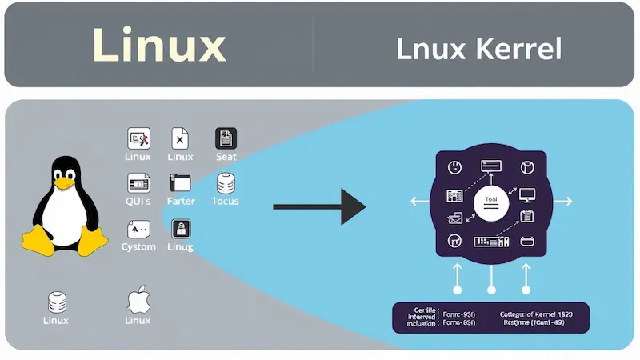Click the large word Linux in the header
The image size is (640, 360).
click(159, 46)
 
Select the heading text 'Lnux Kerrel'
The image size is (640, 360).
click(478, 49)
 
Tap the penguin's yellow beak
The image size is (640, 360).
click(62, 183)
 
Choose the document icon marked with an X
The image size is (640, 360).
click(180, 138)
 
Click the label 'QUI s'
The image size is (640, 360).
click(138, 201)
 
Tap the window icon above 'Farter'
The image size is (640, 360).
click(180, 182)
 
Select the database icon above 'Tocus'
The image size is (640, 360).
click(226, 183)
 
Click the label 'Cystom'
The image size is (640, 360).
click(138, 246)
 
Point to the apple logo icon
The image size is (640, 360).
click(138, 302)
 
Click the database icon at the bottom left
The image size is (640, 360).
click(56, 302)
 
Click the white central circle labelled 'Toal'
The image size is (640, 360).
click(491, 205)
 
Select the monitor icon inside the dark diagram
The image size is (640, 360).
click(527, 194)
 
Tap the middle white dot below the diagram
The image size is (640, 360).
click(491, 290)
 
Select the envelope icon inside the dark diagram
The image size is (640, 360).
click(455, 216)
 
